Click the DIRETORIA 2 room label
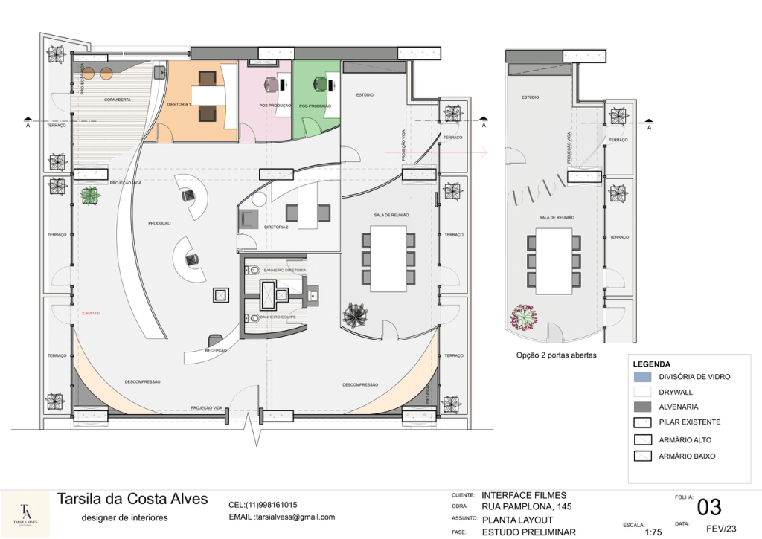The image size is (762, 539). coord(275,227)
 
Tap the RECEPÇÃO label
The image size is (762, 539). coord(216,349)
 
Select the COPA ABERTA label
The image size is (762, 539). coord(118,99)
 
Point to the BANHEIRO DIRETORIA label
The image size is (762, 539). coord(285,270)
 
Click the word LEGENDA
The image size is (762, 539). coord(652,364)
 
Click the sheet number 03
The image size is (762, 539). coord(708,507)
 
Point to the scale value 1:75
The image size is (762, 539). coord(653,532)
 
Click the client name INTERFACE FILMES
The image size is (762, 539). coord(524,495)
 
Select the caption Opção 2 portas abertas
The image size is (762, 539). coord(556,355)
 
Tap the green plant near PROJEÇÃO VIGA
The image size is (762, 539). coord(89,196)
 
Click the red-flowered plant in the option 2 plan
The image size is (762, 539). coord(525,318)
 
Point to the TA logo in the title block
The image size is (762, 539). coord(25,512)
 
